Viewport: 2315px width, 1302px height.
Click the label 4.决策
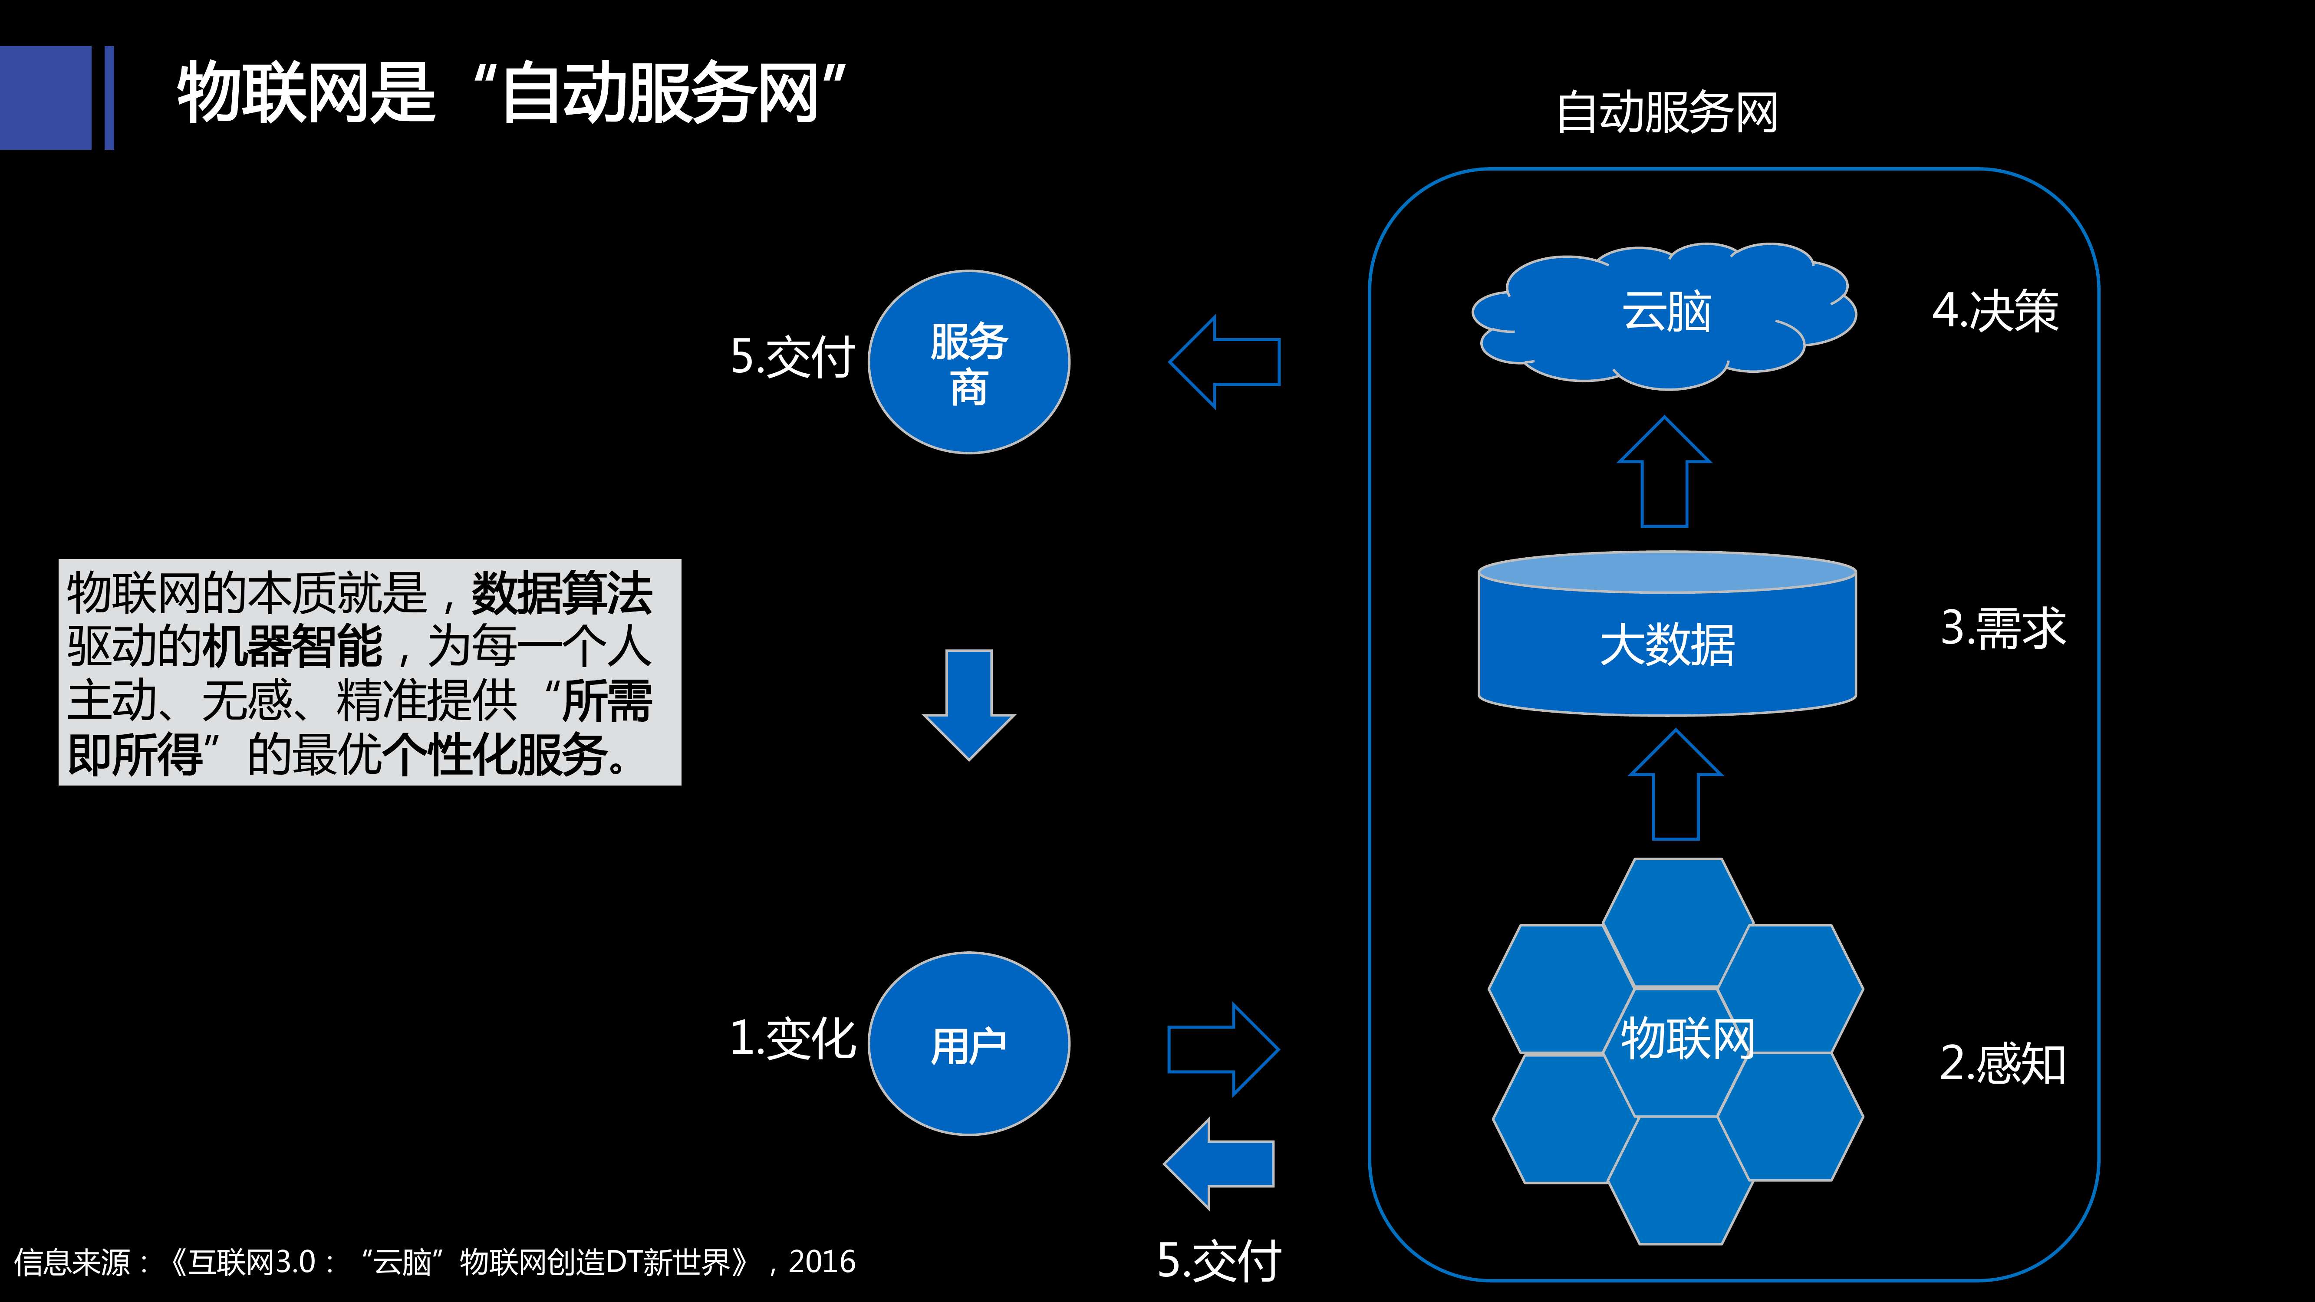point(1995,311)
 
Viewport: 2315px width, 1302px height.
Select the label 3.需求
point(2002,627)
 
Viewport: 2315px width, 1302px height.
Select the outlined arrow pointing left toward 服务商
point(1224,362)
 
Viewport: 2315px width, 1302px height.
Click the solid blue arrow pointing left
point(1218,1164)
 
